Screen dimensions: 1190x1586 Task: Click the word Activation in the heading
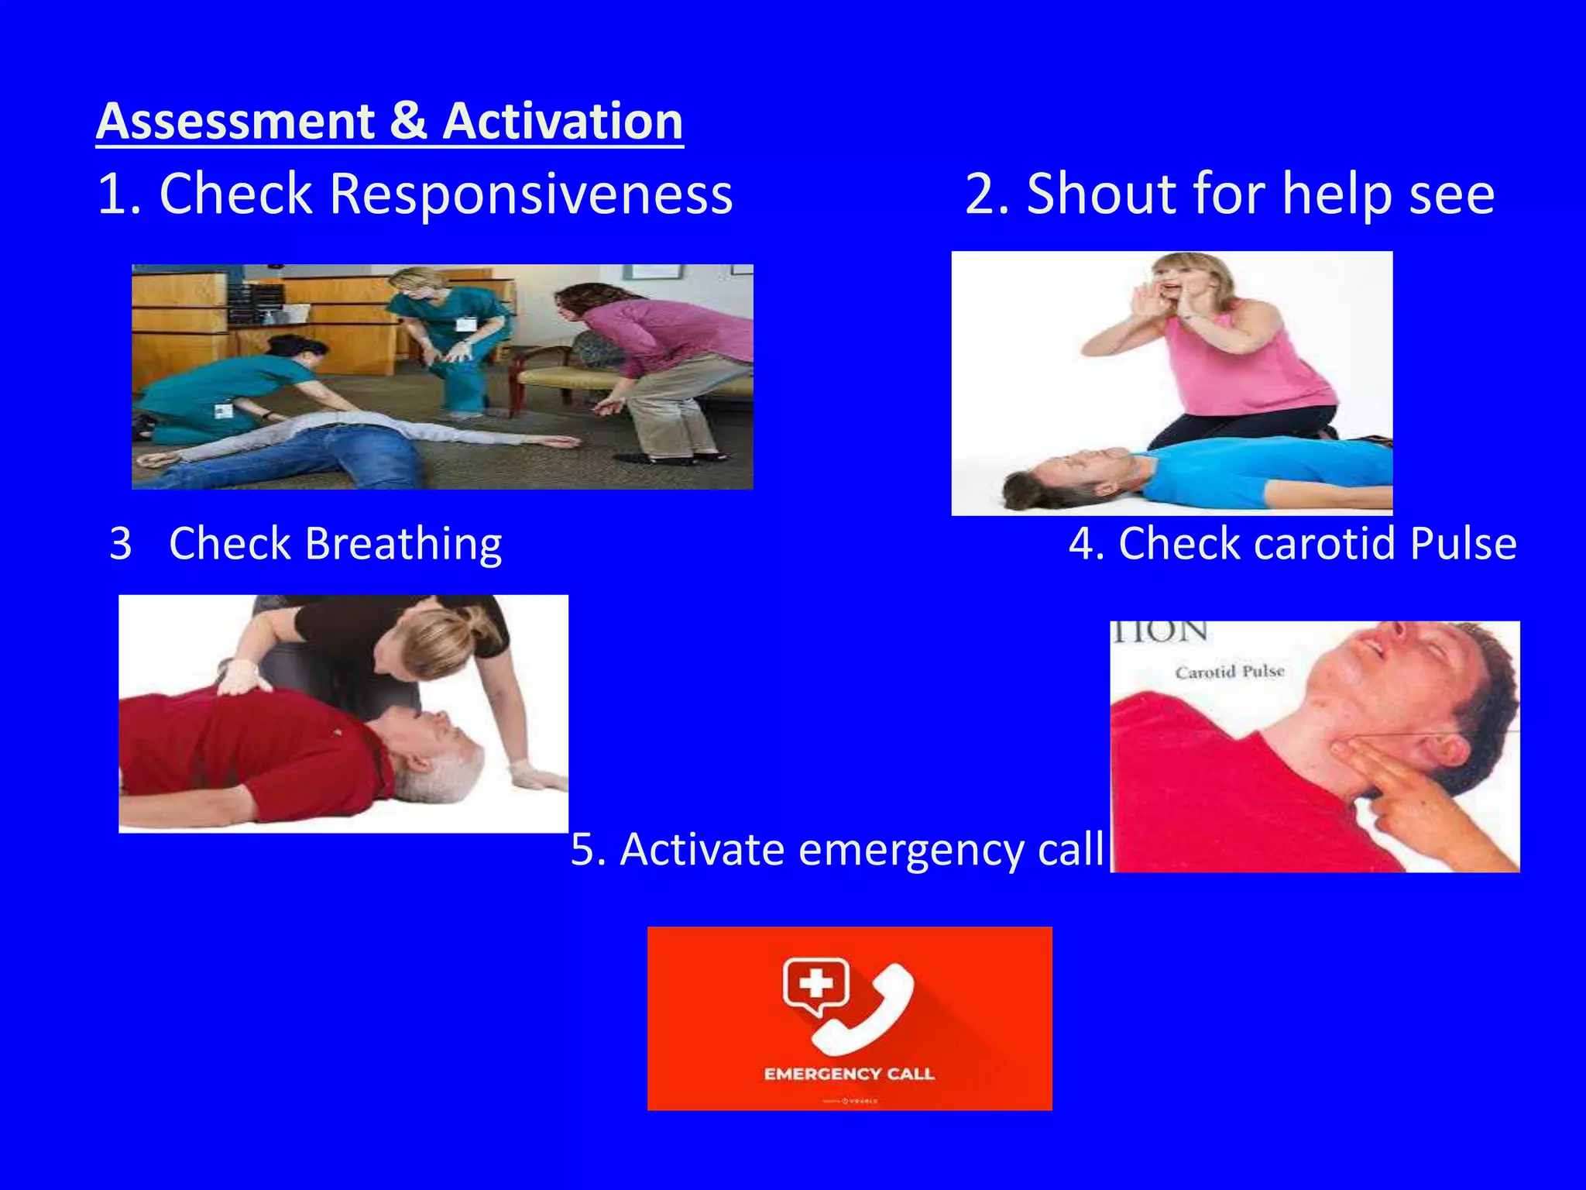click(563, 122)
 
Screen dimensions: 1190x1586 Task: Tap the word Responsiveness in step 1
click(530, 194)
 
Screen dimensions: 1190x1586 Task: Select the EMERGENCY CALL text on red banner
click(849, 1074)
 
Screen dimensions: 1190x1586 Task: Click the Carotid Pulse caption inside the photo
click(1230, 672)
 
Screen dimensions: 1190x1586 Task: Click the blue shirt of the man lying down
click(1270, 473)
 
